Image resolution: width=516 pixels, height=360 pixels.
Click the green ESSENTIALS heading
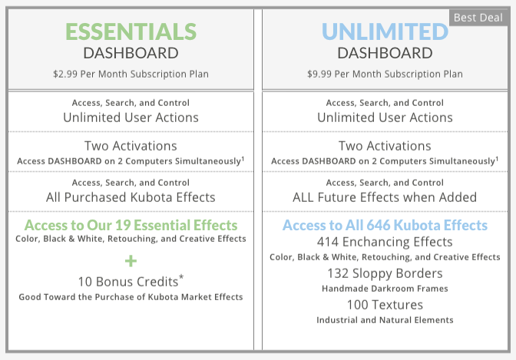[x=131, y=31]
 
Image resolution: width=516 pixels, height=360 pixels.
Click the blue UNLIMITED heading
[x=385, y=31]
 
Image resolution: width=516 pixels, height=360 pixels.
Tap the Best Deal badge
[x=478, y=18]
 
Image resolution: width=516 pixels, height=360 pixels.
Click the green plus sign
[x=131, y=261]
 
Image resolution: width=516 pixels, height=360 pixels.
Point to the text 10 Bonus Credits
[x=128, y=282]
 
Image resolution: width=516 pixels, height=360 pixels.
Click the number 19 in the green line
[x=123, y=225]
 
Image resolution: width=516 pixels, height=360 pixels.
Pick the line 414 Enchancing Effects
[x=385, y=242]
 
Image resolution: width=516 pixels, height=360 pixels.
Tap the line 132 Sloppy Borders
[x=385, y=273]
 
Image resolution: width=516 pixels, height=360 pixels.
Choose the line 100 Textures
[x=385, y=305]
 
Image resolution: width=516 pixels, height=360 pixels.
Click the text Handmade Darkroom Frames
[x=385, y=289]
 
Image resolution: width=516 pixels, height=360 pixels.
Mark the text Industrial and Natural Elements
[x=385, y=320]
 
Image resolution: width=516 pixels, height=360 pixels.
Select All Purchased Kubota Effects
[x=131, y=197]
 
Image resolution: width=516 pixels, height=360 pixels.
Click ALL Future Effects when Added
[x=385, y=197]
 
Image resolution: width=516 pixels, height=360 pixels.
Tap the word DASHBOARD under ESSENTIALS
[x=131, y=53]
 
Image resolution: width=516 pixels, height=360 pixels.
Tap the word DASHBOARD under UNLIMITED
[x=385, y=53]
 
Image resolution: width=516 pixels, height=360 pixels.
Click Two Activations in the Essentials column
[x=131, y=146]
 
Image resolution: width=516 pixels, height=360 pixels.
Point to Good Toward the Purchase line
[x=131, y=297]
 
